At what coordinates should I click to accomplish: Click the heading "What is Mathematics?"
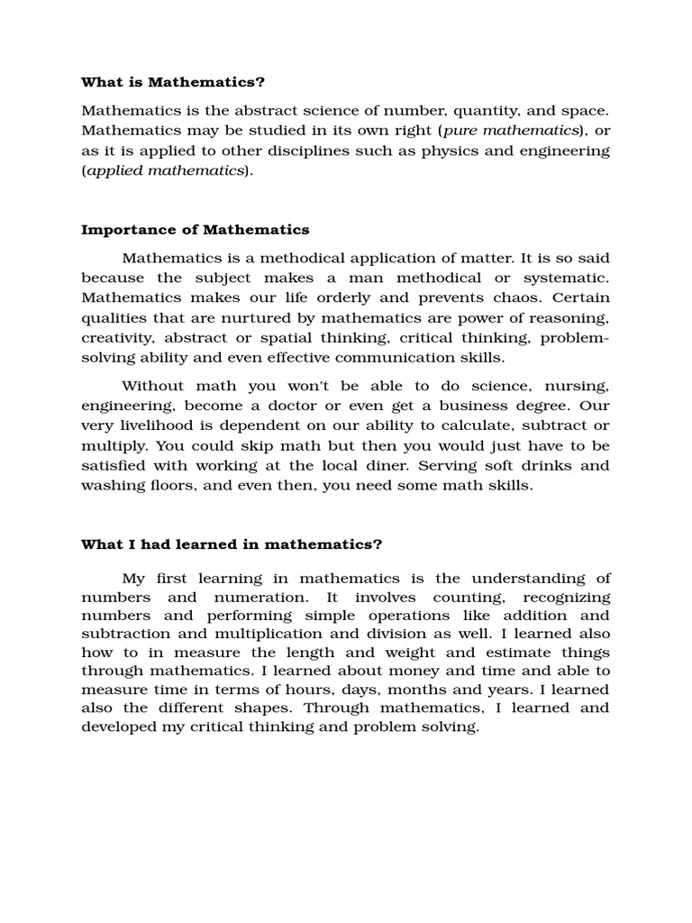tap(173, 83)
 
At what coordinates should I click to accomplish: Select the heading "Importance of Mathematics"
tap(196, 230)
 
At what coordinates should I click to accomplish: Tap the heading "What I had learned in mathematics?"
tap(232, 544)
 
